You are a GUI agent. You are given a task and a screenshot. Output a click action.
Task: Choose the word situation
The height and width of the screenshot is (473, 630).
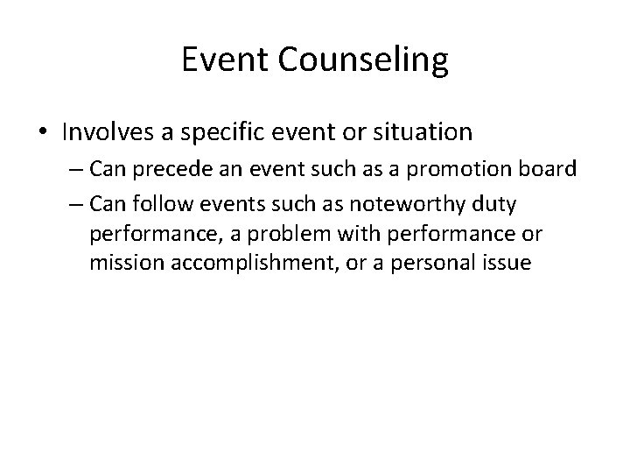pyautogui.click(x=421, y=132)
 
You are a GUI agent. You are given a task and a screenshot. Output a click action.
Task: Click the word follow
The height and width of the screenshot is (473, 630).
pyautogui.click(x=170, y=204)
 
